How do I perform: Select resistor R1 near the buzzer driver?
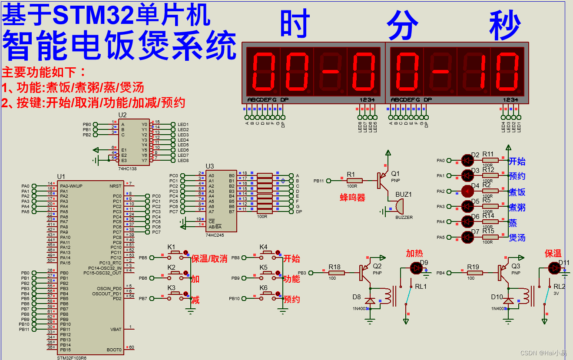click(354, 181)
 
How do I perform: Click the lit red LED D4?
click(467, 191)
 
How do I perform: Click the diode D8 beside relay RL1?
click(370, 301)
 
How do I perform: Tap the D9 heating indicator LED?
click(417, 268)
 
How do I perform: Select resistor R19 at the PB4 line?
click(474, 273)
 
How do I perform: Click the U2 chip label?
click(123, 115)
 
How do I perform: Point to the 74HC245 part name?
click(215, 235)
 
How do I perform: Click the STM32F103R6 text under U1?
click(72, 357)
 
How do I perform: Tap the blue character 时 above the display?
click(295, 24)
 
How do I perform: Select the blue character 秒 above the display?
click(505, 25)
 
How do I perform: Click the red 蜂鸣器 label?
click(352, 198)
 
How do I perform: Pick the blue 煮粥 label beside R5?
click(517, 207)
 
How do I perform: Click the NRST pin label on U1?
click(116, 186)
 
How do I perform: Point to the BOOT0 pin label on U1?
click(114, 350)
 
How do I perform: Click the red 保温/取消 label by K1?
click(209, 259)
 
